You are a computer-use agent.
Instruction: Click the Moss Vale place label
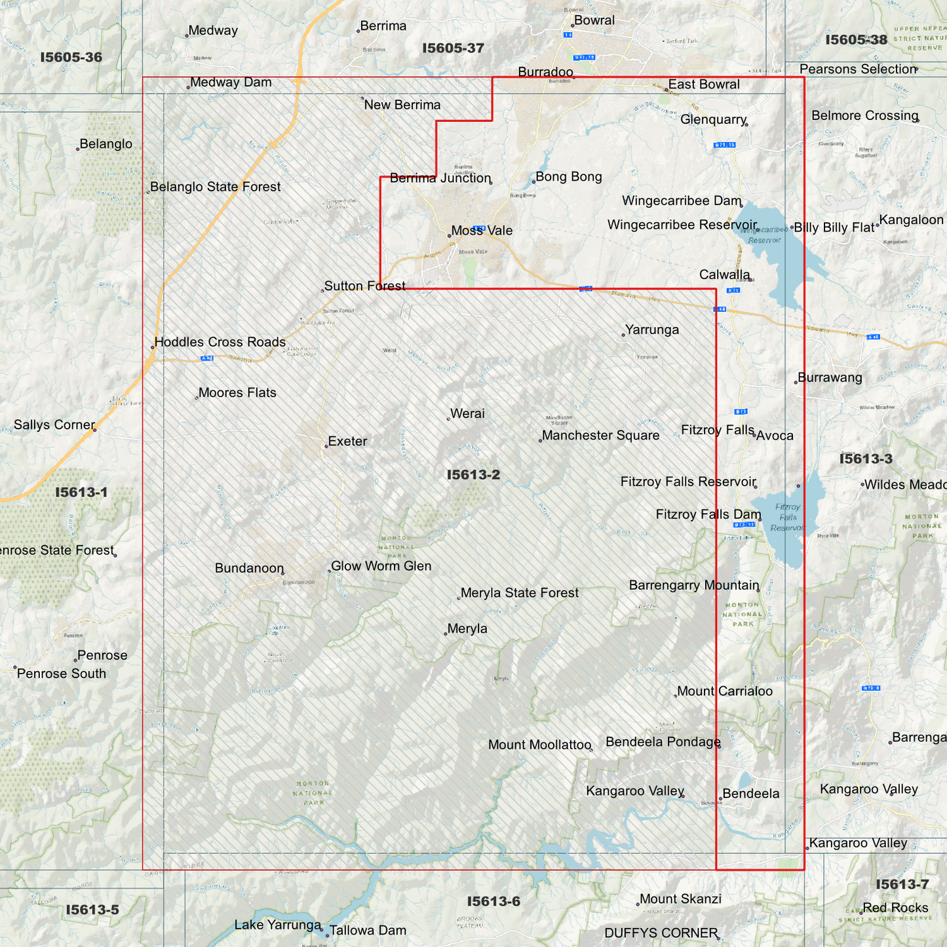click(482, 231)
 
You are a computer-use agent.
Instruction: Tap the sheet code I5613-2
click(473, 474)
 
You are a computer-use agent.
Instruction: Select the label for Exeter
click(347, 441)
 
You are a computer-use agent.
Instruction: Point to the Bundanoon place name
click(249, 568)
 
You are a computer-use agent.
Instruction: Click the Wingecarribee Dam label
click(682, 201)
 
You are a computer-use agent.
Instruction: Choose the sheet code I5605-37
click(453, 48)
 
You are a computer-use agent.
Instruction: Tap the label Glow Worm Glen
click(381, 566)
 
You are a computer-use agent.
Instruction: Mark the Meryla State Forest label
click(519, 593)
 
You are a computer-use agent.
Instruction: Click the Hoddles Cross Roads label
click(220, 342)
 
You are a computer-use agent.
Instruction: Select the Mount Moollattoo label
click(539, 745)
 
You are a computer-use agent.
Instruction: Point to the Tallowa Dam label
click(367, 930)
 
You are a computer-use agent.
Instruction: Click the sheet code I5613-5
click(92, 910)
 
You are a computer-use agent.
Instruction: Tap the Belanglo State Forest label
click(215, 187)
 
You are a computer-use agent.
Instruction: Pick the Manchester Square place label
click(600, 436)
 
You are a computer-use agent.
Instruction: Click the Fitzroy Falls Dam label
click(708, 514)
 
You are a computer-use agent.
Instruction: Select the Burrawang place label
click(830, 377)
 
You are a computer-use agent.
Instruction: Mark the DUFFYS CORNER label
click(661, 933)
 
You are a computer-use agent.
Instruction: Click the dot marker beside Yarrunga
click(623, 335)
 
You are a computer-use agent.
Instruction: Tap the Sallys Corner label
click(54, 425)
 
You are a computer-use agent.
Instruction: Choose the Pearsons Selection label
click(857, 69)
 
